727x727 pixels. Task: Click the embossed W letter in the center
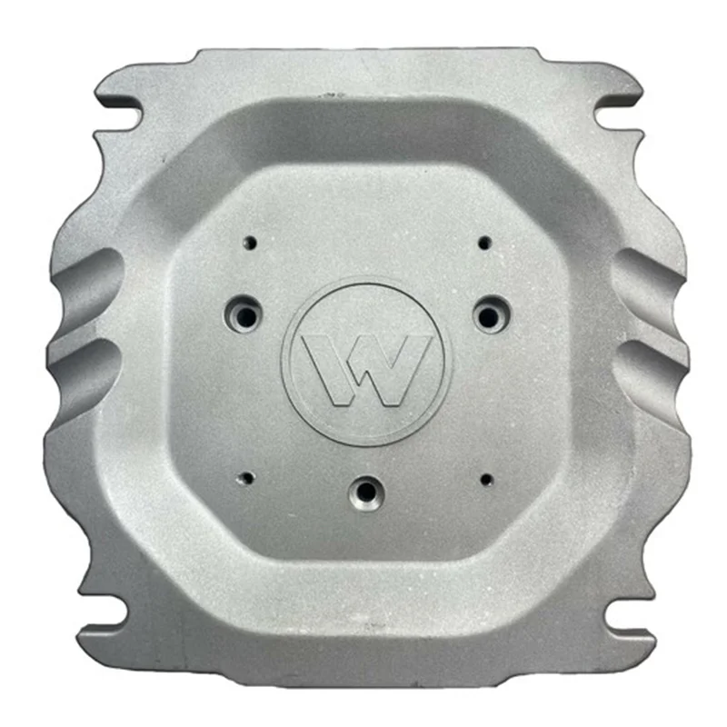(366, 370)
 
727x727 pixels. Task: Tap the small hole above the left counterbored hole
(251, 243)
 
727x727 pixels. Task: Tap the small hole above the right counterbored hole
(485, 243)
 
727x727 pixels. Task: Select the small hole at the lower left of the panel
(248, 478)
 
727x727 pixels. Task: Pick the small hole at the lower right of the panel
(486, 480)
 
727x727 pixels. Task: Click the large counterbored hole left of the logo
(244, 315)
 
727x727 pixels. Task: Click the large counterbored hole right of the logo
(490, 316)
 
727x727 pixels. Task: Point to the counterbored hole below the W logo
(366, 492)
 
